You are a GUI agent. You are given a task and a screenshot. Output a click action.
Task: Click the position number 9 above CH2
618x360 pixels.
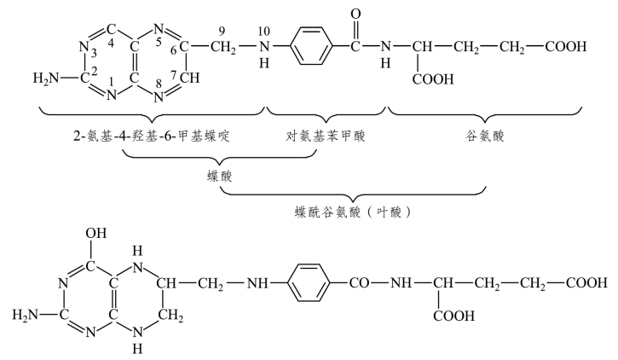[x=222, y=31]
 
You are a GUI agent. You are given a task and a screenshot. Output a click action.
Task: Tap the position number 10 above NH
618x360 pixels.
[x=264, y=31]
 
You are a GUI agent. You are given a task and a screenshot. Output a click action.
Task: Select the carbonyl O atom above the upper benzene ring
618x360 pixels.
[x=355, y=15]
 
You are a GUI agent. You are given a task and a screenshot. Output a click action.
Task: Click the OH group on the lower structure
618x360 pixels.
[x=96, y=233]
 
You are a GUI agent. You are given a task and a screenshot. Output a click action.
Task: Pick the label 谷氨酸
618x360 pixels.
[x=484, y=136]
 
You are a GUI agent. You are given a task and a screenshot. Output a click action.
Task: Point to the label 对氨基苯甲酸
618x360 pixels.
[x=326, y=136]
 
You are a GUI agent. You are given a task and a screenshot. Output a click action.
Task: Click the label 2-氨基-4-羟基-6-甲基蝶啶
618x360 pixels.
[x=152, y=136]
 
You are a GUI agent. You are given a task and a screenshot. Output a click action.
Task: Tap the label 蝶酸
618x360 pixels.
[x=220, y=176]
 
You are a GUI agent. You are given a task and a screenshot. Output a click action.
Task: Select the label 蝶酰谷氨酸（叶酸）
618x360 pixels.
[x=353, y=212]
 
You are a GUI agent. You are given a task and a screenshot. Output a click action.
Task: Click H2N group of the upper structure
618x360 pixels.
[x=46, y=78]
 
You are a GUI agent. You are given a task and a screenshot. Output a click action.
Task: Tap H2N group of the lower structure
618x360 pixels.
[x=26, y=315]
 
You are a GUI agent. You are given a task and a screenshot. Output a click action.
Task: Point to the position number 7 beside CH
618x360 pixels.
[x=174, y=75]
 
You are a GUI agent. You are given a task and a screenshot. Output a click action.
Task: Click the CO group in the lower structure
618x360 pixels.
[x=359, y=282]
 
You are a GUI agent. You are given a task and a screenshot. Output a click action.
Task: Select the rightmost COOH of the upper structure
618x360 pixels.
[x=566, y=47]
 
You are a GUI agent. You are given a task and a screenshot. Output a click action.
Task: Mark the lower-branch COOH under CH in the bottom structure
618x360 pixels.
[x=454, y=316]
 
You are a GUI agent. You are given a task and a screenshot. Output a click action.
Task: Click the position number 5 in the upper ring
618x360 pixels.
[x=159, y=42]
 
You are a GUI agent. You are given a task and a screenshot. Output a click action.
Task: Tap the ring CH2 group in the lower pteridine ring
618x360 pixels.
[x=171, y=316]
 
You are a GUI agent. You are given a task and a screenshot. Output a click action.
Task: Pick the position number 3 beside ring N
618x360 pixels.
[x=94, y=52]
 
